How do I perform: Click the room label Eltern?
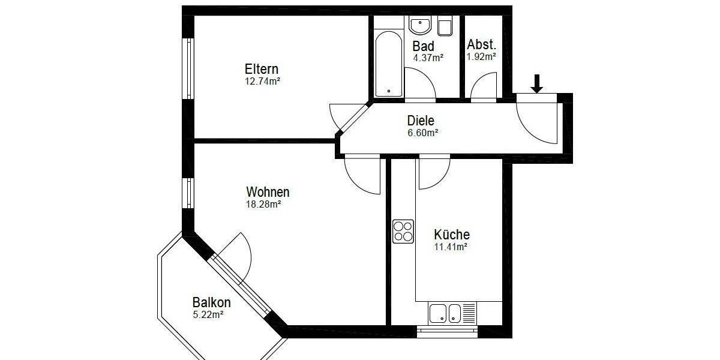pyautogui.click(x=261, y=69)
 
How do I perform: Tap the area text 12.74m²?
pyautogui.click(x=262, y=81)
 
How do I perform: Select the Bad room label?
pyautogui.click(x=423, y=46)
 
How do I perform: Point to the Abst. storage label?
pyautogui.click(x=481, y=44)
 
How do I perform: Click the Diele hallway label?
pyautogui.click(x=420, y=121)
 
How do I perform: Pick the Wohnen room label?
pyautogui.click(x=268, y=192)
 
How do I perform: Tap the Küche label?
pyautogui.click(x=451, y=235)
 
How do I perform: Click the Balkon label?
pyautogui.click(x=211, y=302)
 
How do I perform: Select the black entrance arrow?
pyautogui.click(x=537, y=83)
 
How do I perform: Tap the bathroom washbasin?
pyautogui.click(x=419, y=26)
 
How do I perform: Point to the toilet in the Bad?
pyautogui.click(x=445, y=26)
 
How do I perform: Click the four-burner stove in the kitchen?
pyautogui.click(x=403, y=232)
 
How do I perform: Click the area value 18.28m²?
pyautogui.click(x=263, y=204)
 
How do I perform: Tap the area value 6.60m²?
pyautogui.click(x=422, y=133)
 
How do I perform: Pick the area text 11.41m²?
pyautogui.click(x=451, y=247)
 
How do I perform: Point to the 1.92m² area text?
pyautogui.click(x=481, y=57)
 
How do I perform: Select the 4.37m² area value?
pyautogui.click(x=428, y=58)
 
